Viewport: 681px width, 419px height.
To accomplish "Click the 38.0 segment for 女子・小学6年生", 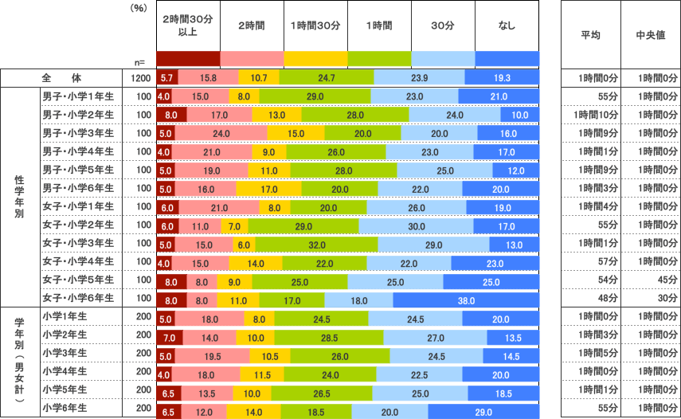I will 466,300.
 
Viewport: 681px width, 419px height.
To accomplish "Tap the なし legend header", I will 507,25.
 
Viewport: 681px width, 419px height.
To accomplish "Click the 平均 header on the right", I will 591,36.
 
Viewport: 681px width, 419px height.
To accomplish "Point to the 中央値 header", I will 650,36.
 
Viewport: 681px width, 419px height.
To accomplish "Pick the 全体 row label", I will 62,78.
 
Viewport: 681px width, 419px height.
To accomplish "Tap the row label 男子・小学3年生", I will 78,133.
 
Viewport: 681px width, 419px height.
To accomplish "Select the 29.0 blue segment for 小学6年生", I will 483,412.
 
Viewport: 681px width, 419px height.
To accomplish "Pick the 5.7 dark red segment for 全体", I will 167,78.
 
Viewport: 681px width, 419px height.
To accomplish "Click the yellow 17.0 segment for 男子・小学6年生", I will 269,189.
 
